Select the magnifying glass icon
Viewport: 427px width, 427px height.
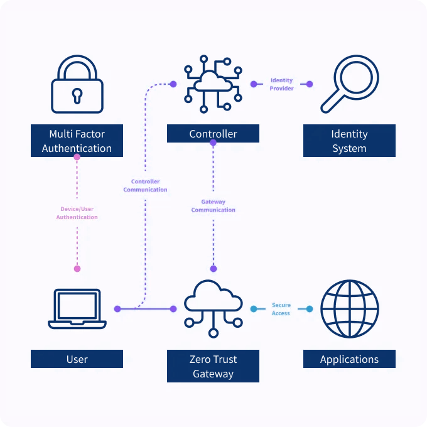pyautogui.click(x=347, y=85)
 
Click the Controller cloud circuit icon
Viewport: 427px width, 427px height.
pyautogui.click(x=213, y=84)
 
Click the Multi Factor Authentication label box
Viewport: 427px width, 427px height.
pyautogui.click(x=77, y=141)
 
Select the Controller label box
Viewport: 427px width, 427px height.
pyautogui.click(x=213, y=134)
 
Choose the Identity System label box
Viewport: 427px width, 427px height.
pyautogui.click(x=349, y=141)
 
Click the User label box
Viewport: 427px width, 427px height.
pyautogui.click(x=77, y=359)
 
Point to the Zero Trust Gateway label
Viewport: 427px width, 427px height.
pyautogui.click(x=213, y=367)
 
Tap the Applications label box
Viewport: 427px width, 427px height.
pyautogui.click(x=349, y=359)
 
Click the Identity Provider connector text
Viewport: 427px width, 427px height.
pyautogui.click(x=281, y=84)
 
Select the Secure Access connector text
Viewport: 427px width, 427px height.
pyautogui.click(x=281, y=309)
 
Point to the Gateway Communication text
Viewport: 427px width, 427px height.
pyautogui.click(x=213, y=206)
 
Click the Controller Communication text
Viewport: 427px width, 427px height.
pyautogui.click(x=145, y=186)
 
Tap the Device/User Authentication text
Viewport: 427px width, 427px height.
pyautogui.click(x=77, y=213)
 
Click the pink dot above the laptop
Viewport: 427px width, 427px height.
pyautogui.click(x=77, y=269)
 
